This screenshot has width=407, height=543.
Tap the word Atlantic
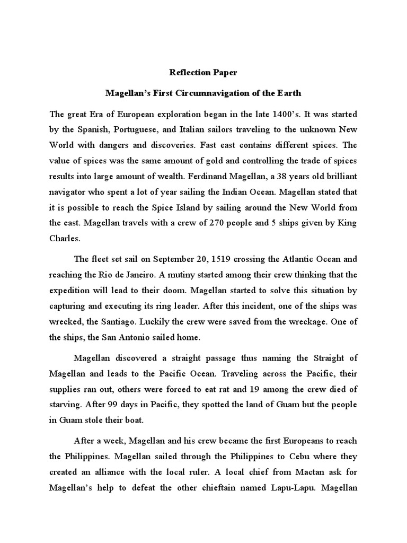point(287,259)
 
